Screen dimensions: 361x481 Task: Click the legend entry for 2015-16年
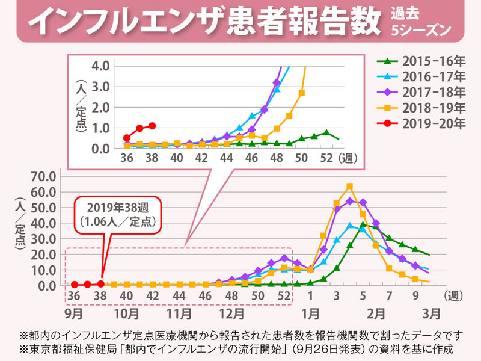coord(421,62)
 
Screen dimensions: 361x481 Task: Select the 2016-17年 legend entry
coord(421,77)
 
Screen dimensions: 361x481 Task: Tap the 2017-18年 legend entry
coord(421,93)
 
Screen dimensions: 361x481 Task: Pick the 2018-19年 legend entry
coord(421,108)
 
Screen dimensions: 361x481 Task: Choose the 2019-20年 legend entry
coord(421,124)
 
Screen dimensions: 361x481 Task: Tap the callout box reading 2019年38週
coord(118,214)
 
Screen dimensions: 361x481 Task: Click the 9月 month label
coord(75,314)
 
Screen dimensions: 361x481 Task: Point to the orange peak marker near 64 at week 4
coord(349,186)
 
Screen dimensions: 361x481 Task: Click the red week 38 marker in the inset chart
coord(152,126)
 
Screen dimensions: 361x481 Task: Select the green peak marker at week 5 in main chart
coord(363,225)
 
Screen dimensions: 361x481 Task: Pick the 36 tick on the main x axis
coord(74,296)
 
